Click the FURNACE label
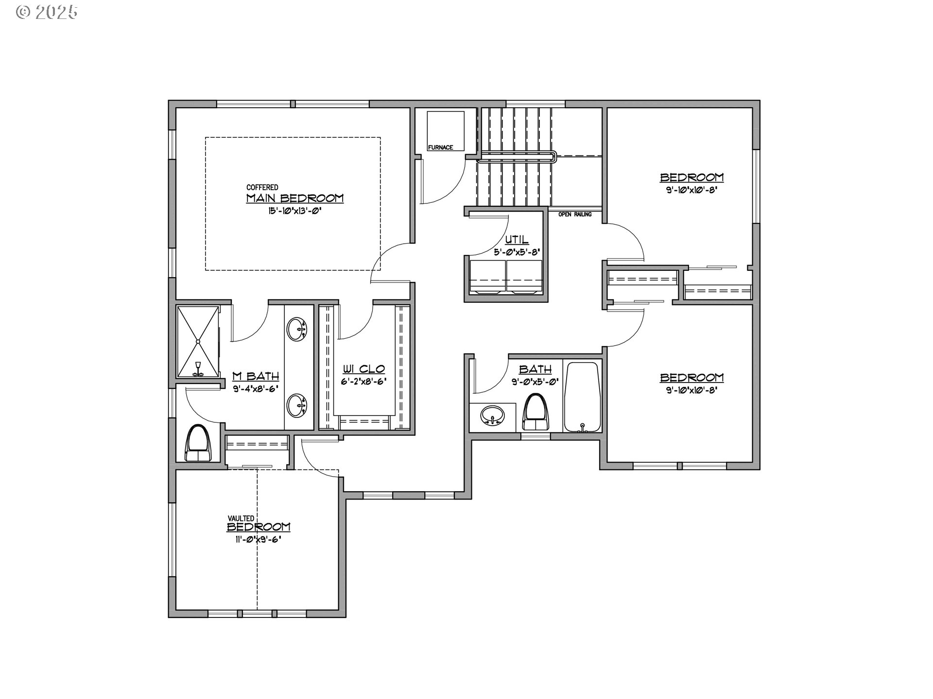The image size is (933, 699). coord(440,148)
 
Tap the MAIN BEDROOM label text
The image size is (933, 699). coord(295,199)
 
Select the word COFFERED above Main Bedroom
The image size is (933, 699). coord(262,187)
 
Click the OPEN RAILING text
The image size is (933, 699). coord(575,214)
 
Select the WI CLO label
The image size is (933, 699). coord(364,369)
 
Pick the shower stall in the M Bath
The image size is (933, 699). coord(198,342)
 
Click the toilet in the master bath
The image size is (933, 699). coord(199,442)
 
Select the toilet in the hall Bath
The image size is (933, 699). coord(536,412)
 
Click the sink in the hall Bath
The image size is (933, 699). coord(493,416)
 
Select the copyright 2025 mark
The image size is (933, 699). coord(47,12)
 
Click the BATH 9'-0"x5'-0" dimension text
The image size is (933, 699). coord(535,382)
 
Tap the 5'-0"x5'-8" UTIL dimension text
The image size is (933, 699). coord(517,252)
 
